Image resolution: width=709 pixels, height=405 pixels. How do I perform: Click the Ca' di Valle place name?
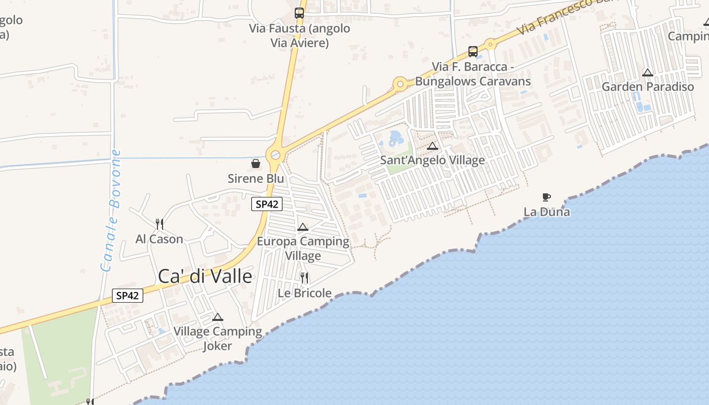tap(205, 276)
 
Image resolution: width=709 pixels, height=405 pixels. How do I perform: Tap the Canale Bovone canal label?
tap(111, 211)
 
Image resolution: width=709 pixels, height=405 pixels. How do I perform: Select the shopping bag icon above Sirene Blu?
tap(256, 164)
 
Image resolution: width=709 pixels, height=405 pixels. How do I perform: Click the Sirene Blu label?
tap(256, 179)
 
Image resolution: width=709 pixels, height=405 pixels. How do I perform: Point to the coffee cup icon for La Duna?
tap(546, 197)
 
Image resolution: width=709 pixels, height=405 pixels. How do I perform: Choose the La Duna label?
tap(546, 212)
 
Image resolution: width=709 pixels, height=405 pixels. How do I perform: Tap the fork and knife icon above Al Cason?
tap(159, 224)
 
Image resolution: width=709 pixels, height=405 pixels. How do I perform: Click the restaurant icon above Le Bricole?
tap(304, 278)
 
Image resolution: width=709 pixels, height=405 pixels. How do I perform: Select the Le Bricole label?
tap(304, 293)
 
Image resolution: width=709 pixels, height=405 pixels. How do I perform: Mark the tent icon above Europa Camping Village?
tap(303, 227)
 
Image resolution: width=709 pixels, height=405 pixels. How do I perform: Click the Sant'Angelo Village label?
tap(432, 160)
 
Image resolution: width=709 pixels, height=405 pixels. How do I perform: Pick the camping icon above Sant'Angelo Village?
tap(432, 146)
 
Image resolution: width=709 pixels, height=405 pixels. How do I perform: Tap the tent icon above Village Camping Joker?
tap(218, 317)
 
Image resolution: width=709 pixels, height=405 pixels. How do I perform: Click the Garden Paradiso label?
tap(648, 87)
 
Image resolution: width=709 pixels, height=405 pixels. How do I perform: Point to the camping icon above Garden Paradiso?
tap(648, 72)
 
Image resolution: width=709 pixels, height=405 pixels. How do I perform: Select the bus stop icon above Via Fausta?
tap(299, 13)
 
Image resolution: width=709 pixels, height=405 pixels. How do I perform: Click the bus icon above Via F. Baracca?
tap(472, 51)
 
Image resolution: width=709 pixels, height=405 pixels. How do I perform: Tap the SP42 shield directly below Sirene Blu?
tap(267, 205)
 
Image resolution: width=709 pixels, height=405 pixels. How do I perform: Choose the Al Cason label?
tap(159, 239)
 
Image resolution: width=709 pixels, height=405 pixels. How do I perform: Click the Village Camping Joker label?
tap(218, 339)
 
